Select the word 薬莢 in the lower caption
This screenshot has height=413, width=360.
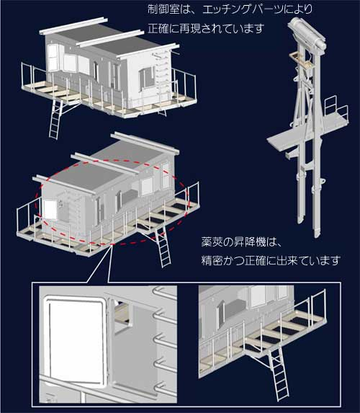tap(212, 241)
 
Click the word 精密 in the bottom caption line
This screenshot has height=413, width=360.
tap(212, 260)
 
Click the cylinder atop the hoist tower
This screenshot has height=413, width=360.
tap(307, 32)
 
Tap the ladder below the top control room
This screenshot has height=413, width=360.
tap(55, 119)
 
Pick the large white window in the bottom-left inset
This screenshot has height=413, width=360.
tap(76, 341)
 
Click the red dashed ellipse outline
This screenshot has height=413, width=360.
tap(36, 200)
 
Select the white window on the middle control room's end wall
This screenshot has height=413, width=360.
tap(50, 210)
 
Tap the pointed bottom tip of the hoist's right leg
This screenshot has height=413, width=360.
tap(317, 236)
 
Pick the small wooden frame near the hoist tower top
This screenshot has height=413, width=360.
tap(301, 60)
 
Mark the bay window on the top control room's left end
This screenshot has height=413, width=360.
tap(54, 58)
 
